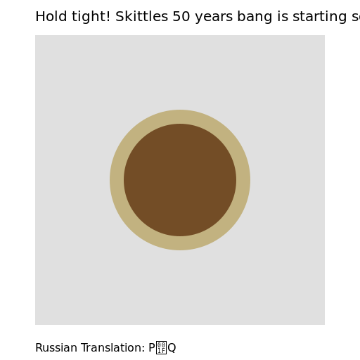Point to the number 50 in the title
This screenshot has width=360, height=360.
pos(181,17)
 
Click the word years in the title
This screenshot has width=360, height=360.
pos(214,17)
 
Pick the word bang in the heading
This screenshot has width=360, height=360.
pos(255,17)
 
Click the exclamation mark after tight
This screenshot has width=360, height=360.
pos(109,17)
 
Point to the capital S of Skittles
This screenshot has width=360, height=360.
pos(120,17)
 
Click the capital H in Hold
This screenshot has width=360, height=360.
pos(39,17)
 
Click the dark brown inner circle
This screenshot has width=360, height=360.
pos(180,180)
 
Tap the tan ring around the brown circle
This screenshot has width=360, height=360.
pos(180,117)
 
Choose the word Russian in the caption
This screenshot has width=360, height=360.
pos(54,348)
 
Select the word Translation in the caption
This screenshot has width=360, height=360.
pos(108,348)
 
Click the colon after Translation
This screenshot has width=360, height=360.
pos(143,349)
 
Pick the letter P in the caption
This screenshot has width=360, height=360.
pos(151,348)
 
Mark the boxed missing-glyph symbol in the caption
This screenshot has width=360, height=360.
pos(161,348)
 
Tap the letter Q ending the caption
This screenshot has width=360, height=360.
pos(172,348)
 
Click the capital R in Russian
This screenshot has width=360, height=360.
pos(39,348)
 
